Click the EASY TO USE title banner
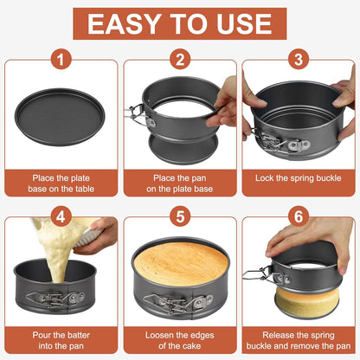pyautogui.click(x=180, y=23)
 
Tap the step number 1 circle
pyautogui.click(x=60, y=60)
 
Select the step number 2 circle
pyautogui.click(x=180, y=60)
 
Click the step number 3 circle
pyautogui.click(x=299, y=60)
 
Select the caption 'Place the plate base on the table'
pyautogui.click(x=60, y=183)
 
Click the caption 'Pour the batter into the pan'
pyautogui.click(x=60, y=339)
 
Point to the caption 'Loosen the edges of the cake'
pyautogui.click(x=180, y=339)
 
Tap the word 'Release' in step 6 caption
pyautogui.click(x=269, y=333)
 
